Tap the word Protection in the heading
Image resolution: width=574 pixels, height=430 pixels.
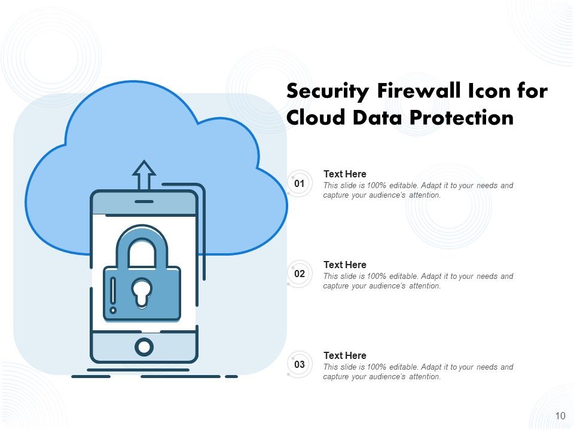[x=461, y=118]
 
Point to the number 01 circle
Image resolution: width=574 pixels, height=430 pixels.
[x=300, y=183]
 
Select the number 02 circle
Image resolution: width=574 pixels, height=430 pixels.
[x=300, y=274]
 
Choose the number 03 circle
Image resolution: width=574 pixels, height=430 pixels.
[x=300, y=364]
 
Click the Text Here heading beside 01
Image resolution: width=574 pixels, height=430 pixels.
[x=344, y=174]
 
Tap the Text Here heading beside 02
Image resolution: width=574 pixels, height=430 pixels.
[x=344, y=265]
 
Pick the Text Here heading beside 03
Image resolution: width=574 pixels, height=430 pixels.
[x=344, y=355]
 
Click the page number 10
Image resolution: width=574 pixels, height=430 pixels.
[x=560, y=416]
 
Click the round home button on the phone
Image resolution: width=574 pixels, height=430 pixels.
[x=143, y=346]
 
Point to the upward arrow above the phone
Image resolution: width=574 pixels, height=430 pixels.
[x=143, y=174]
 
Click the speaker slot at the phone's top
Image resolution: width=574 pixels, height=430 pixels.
[x=143, y=201]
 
